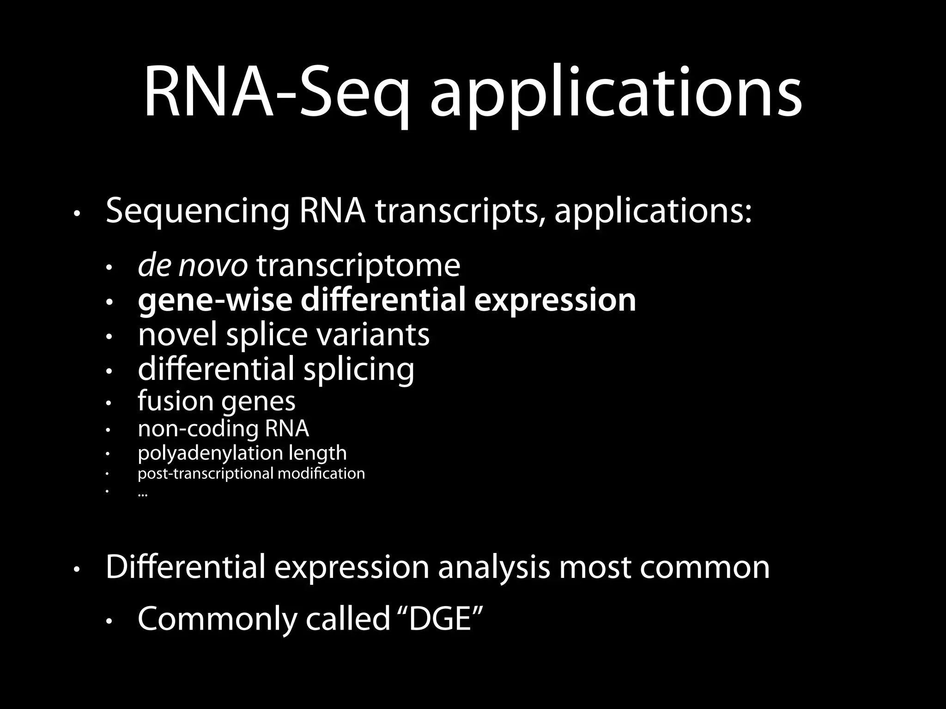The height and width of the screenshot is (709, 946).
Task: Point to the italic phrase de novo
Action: coord(193,266)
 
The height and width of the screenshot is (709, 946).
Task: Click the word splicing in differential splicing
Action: coord(359,371)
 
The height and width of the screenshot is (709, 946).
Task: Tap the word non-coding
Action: coord(198,429)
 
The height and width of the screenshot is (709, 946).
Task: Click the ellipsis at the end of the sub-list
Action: coord(142,494)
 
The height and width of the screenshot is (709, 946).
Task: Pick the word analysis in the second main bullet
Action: coord(494,568)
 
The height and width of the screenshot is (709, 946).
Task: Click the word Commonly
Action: coord(218,620)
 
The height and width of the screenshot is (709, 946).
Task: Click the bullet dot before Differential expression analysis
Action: coord(77,571)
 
